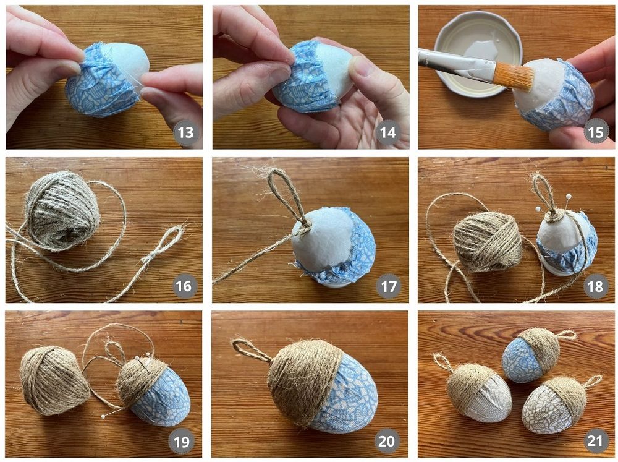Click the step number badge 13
click(x=185, y=132)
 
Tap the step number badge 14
click(x=388, y=132)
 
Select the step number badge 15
click(x=595, y=132)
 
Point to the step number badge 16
click(x=184, y=286)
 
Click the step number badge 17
click(x=389, y=286)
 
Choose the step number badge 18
click(x=595, y=286)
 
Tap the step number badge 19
click(x=181, y=441)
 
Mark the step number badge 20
click(x=386, y=441)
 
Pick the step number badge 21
click(x=595, y=441)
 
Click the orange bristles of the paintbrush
click(x=513, y=76)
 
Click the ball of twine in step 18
click(x=488, y=241)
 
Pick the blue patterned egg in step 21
click(x=530, y=355)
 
